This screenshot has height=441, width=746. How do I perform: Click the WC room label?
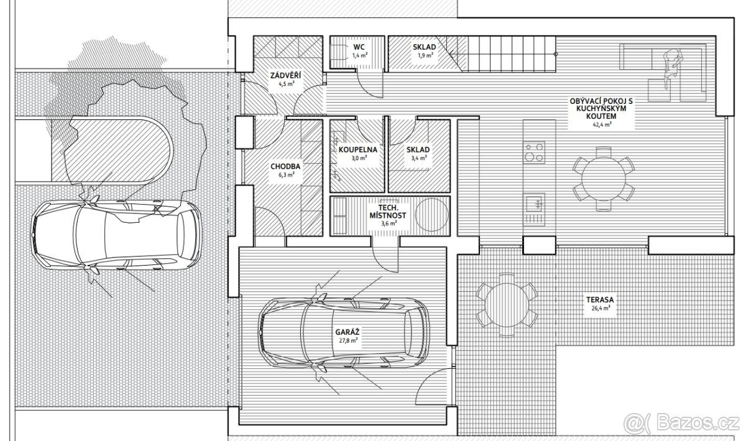point(359,47)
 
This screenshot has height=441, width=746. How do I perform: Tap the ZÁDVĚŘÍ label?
point(286,76)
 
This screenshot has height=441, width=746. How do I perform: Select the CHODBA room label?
point(285,166)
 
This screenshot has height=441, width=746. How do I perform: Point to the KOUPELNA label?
point(358,150)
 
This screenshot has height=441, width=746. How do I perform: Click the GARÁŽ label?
point(348,332)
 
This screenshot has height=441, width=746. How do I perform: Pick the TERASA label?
point(600,300)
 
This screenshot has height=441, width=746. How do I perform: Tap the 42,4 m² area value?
point(602,124)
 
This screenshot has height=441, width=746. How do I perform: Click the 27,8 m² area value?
point(348,340)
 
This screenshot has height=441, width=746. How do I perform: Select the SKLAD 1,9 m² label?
point(424,50)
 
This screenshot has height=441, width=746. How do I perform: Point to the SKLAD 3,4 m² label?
point(418,153)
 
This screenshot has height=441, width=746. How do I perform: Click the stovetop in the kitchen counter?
point(534,152)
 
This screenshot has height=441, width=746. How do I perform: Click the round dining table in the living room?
point(604,179)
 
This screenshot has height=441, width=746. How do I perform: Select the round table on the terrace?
point(506,304)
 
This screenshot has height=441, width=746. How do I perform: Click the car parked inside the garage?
point(344,332)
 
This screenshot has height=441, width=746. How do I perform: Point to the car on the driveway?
point(116,234)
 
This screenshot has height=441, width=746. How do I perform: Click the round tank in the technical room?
point(431,215)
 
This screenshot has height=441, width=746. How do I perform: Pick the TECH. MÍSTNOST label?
point(388,211)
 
